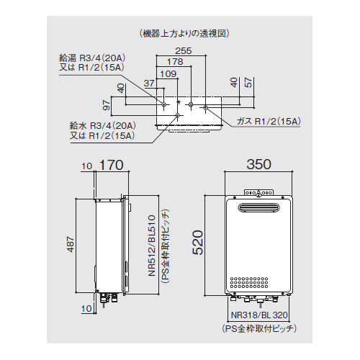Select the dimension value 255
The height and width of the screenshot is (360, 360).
pyautogui.click(x=183, y=51)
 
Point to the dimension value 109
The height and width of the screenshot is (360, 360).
pyautogui.click(x=167, y=73)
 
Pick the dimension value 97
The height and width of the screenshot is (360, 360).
pyautogui.click(x=106, y=107)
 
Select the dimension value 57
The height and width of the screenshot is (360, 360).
pyautogui.click(x=248, y=82)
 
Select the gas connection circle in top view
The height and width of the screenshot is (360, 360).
pyautogui.click(x=205, y=108)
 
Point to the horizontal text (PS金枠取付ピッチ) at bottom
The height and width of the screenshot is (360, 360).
pyautogui.click(x=258, y=328)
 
